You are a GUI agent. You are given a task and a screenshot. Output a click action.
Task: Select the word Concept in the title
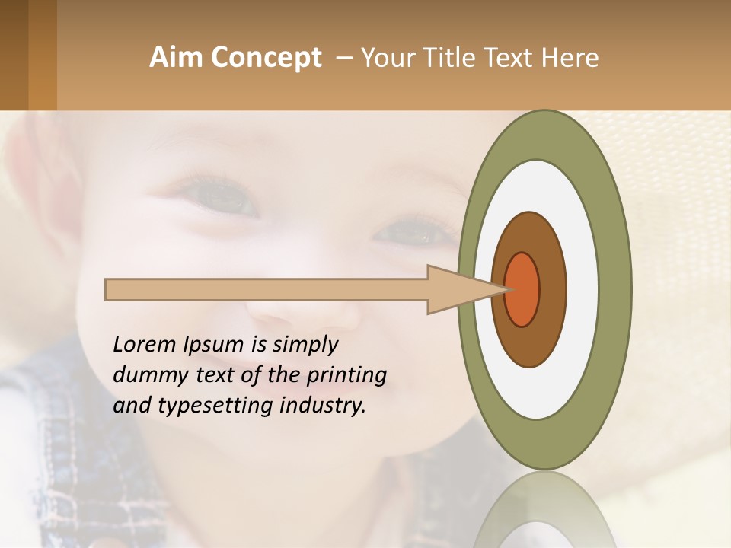(266, 59)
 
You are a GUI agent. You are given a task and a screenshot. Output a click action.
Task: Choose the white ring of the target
(582, 289)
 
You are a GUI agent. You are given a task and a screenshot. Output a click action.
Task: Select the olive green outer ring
(614, 289)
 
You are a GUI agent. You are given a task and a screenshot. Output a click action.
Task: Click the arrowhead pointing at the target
(457, 289)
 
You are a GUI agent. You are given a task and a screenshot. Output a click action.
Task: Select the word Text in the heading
(518, 58)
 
